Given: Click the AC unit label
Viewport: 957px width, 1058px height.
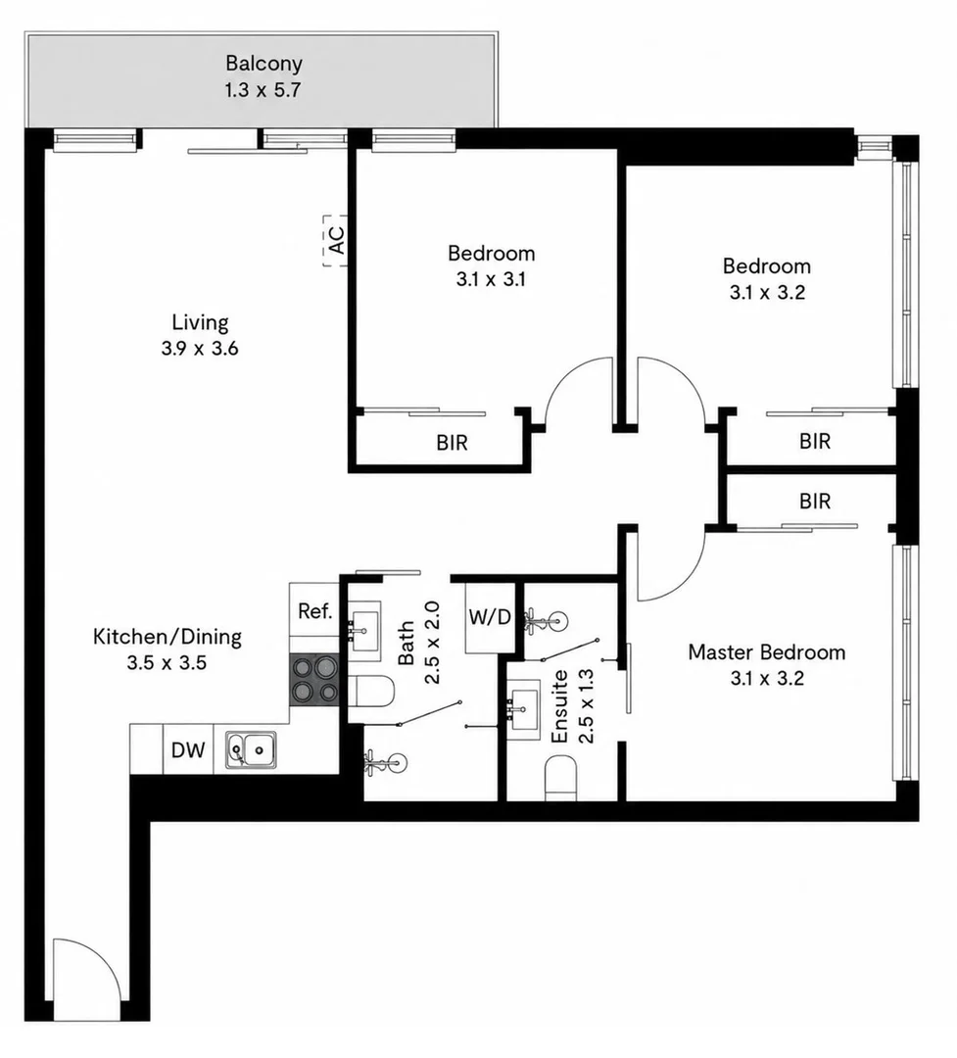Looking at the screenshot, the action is point(337,240).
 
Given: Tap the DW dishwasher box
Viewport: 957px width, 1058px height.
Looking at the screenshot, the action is point(188,749).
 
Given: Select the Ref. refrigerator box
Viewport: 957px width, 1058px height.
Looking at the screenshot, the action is point(314,610).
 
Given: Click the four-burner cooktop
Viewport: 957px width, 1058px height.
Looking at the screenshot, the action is point(314,680).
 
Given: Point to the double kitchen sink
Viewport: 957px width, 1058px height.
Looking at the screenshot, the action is point(251,749).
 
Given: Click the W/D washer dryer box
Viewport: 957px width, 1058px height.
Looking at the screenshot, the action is point(490,617).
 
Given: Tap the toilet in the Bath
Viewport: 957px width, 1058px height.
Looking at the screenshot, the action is point(370,691).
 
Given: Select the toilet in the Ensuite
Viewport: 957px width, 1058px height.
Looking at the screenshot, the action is point(561,777).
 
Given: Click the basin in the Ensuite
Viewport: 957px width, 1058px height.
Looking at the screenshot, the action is point(523,709).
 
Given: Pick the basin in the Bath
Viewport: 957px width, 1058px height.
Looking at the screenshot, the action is point(364,626).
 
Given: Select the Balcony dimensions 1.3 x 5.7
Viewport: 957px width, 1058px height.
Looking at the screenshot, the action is point(263,90).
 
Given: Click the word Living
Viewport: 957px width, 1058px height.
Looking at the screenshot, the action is point(200,322).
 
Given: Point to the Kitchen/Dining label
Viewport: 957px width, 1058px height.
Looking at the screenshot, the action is point(167,637).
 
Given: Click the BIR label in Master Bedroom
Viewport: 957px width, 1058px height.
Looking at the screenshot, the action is point(815,502).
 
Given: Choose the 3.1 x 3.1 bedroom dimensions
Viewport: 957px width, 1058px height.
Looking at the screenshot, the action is point(491,279).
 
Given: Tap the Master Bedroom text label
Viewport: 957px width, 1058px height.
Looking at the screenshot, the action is point(767,651).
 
